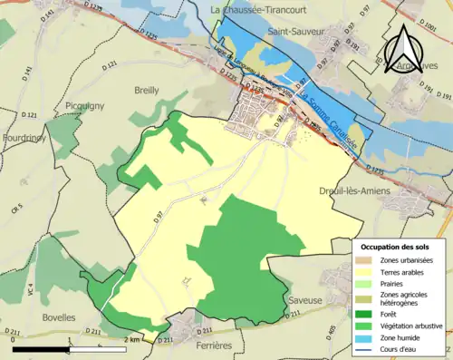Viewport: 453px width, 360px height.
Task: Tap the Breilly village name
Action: (146, 90)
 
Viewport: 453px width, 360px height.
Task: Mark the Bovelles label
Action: (59, 317)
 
